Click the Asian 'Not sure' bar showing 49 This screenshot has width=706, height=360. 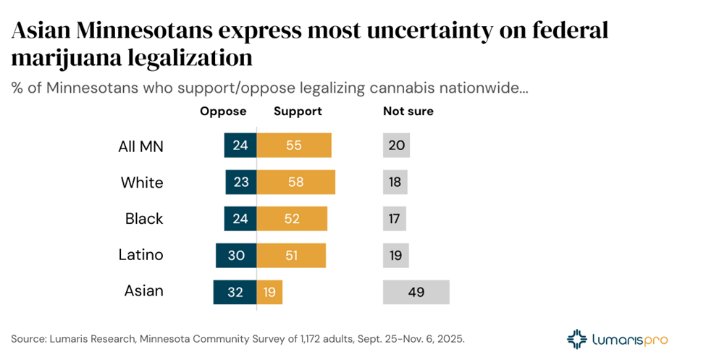pyautogui.click(x=416, y=292)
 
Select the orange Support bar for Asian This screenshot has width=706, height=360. pyautogui.click(x=269, y=292)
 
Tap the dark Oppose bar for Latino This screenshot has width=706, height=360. pyautogui.click(x=236, y=255)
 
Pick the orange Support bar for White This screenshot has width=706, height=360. pyautogui.click(x=296, y=183)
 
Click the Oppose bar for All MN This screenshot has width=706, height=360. pyautogui.click(x=240, y=146)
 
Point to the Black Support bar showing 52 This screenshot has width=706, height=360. pyautogui.click(x=293, y=219)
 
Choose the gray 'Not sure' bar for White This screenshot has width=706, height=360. pyautogui.click(x=395, y=183)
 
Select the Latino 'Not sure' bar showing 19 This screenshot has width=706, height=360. pyautogui.click(x=395, y=255)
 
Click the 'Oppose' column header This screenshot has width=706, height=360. pyautogui.click(x=223, y=112)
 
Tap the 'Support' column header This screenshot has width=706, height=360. pyautogui.click(x=298, y=112)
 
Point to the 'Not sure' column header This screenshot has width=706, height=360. pyautogui.click(x=408, y=112)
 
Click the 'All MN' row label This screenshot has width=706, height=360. pyautogui.click(x=141, y=146)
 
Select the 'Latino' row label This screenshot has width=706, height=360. pyautogui.click(x=141, y=255)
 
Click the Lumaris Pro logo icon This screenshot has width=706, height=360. pyautogui.click(x=578, y=338)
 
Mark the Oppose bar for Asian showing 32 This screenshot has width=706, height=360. pyautogui.click(x=235, y=292)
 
